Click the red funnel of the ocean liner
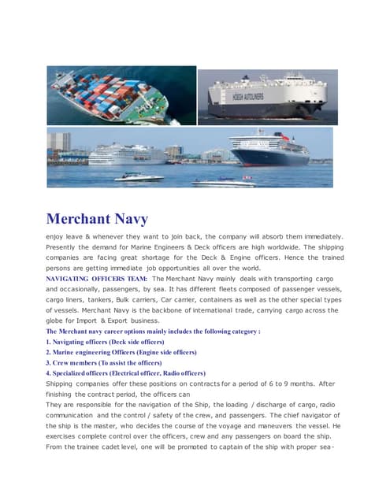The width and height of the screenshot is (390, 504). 283,135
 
